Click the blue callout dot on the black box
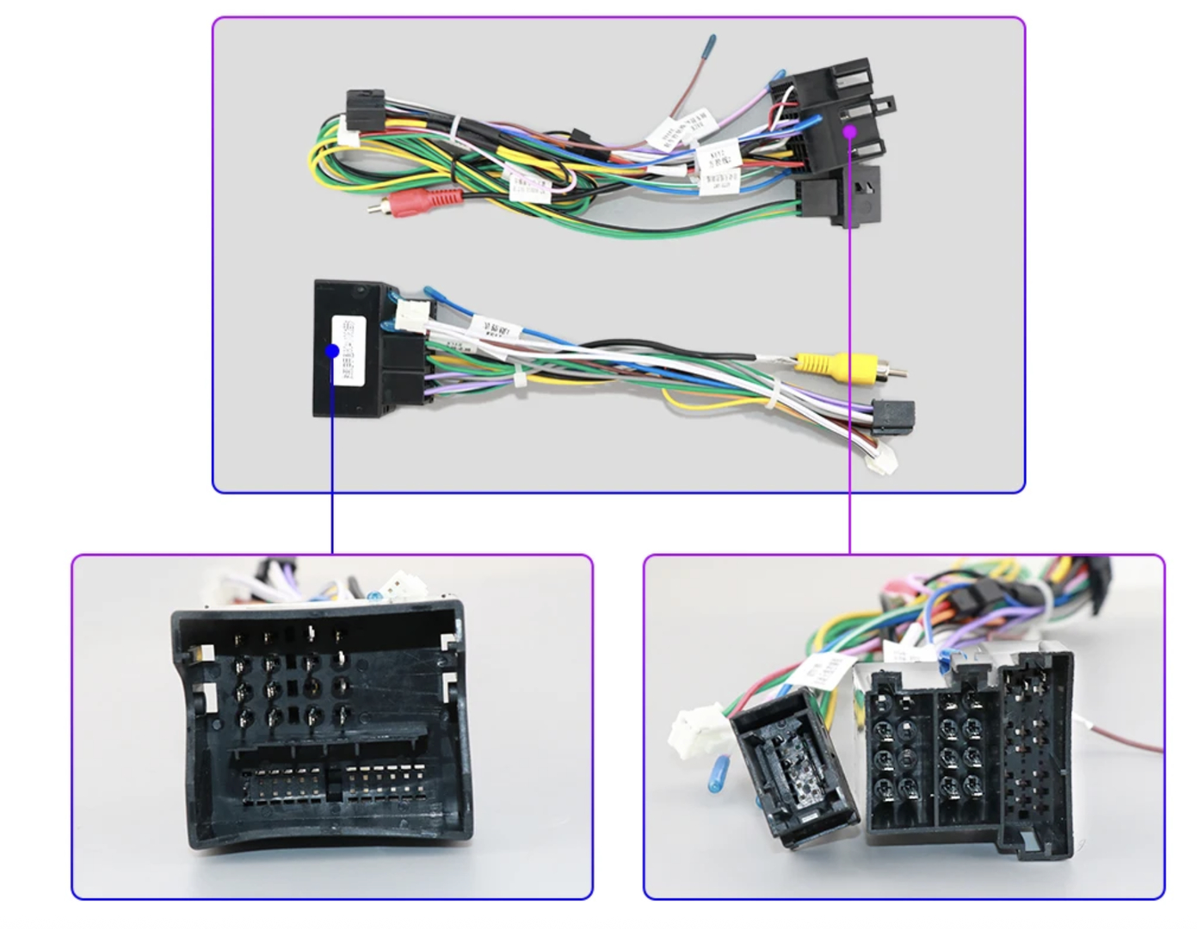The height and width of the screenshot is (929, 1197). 332,351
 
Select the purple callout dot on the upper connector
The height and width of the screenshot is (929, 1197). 849,132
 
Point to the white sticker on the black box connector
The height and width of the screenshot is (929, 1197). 349,349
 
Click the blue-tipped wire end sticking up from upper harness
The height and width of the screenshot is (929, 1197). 710,43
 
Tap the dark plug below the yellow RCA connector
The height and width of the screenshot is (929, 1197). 894,417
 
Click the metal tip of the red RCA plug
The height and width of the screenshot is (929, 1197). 373,207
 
